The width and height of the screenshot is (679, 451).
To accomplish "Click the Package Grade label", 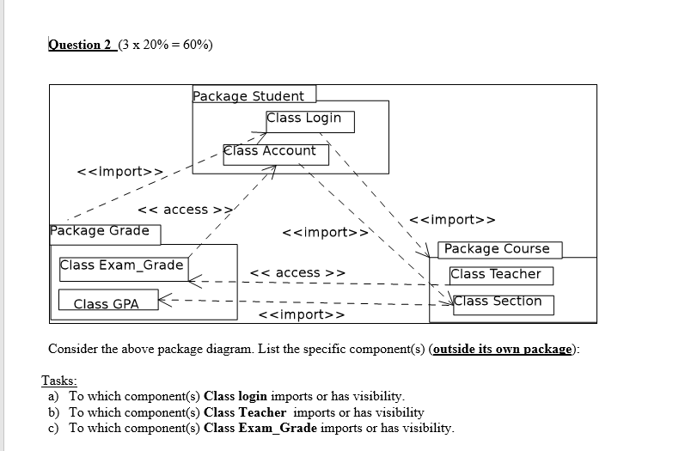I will (x=100, y=230).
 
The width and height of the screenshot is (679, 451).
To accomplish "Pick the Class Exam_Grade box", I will (x=121, y=265).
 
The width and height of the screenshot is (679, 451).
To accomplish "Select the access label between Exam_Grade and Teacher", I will (x=297, y=273).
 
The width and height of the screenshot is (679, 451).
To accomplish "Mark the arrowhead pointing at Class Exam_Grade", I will (x=192, y=279).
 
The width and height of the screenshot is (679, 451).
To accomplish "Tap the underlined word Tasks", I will (x=59, y=381).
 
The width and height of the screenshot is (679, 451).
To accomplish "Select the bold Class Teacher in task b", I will (x=243, y=412).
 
